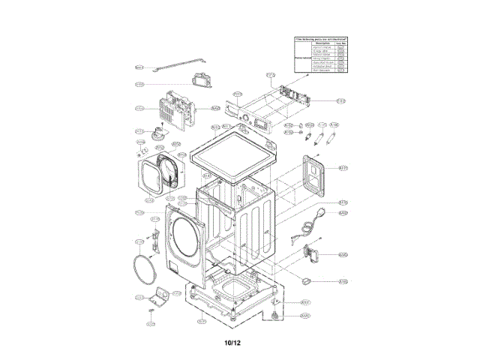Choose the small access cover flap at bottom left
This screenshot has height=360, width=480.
(158, 294)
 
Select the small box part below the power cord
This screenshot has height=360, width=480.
(310, 253)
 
